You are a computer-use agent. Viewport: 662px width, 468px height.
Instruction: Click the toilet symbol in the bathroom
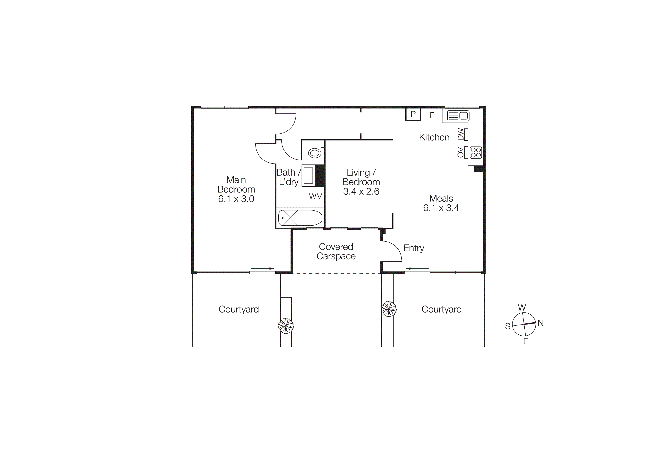(315, 153)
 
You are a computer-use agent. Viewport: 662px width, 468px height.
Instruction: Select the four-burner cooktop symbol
(476, 153)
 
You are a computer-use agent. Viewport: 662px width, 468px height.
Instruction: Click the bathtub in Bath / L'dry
(300, 218)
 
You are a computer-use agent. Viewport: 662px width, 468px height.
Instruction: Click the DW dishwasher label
(461, 134)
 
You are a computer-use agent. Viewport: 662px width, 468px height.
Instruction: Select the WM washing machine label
(316, 196)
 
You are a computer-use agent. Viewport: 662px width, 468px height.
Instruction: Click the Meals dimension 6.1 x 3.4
(441, 208)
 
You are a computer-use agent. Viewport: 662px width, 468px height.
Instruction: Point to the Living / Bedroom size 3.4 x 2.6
(361, 191)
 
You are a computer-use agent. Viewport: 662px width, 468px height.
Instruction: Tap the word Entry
(413, 248)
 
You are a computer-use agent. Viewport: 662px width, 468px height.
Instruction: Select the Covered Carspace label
(336, 251)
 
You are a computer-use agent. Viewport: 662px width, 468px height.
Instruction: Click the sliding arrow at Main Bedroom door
(262, 268)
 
